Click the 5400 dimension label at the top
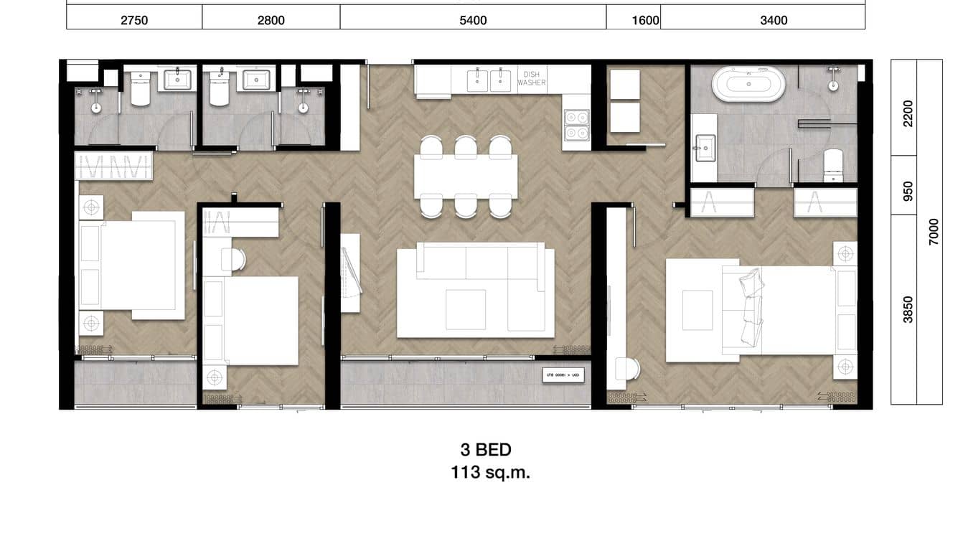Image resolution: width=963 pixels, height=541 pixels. [x=473, y=20]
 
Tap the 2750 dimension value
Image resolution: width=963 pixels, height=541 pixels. [x=134, y=20]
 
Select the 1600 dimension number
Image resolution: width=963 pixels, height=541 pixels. [x=645, y=20]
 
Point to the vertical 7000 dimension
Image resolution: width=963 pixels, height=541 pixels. [x=933, y=232]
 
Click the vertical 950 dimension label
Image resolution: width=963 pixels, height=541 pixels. [x=908, y=190]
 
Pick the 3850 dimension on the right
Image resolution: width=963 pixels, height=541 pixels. [x=908, y=309]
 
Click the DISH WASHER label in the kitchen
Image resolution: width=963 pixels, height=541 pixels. [x=532, y=78]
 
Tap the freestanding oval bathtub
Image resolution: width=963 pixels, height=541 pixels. [x=748, y=84]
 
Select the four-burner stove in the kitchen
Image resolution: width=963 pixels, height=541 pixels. [x=576, y=125]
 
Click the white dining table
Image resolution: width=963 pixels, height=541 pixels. [x=466, y=176]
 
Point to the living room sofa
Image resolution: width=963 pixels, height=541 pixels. [x=476, y=291]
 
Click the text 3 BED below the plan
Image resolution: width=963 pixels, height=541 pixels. [x=486, y=450]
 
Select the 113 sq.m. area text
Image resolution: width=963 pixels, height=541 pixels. [x=490, y=473]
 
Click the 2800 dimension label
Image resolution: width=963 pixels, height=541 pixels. [x=271, y=20]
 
